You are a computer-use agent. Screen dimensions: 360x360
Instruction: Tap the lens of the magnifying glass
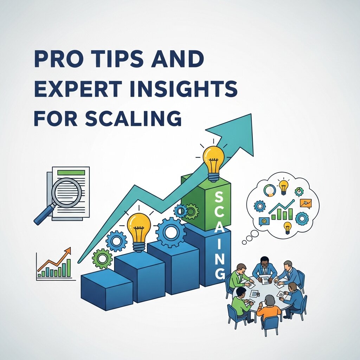coord(66,193)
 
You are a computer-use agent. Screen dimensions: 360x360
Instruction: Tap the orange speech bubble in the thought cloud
coord(305,203)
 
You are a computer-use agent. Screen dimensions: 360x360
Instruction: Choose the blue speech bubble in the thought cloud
coord(264,221)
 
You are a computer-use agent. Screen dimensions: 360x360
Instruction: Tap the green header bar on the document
coord(71,173)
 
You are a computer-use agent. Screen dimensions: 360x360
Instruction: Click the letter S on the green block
coord(218,197)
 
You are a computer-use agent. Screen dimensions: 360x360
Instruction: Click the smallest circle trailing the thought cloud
coord(244,242)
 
